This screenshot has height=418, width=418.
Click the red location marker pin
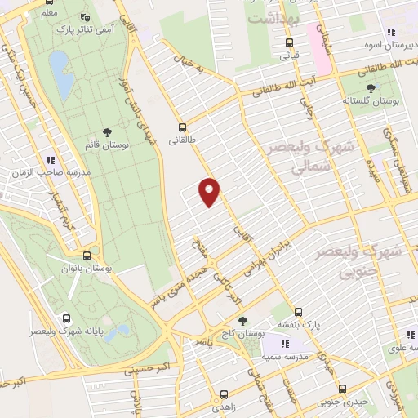(211, 192)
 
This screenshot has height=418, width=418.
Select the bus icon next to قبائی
(289, 43)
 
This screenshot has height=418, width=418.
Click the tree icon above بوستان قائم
(108, 132)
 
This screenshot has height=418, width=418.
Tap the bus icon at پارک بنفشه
(298, 311)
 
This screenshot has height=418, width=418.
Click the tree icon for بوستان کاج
(241, 322)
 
